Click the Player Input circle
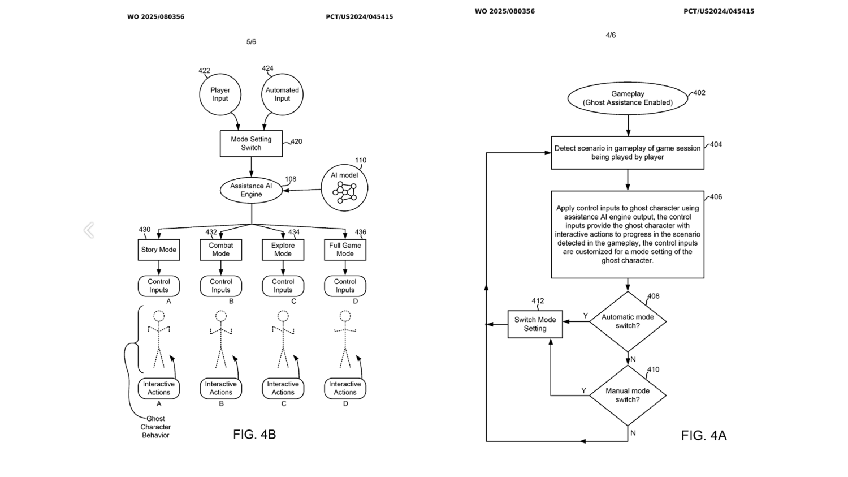click(220, 94)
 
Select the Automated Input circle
click(282, 94)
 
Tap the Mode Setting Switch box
click(251, 144)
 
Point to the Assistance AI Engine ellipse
click(251, 190)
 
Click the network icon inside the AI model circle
click(344, 192)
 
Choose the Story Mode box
click(159, 250)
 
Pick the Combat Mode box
click(220, 250)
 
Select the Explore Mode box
click(283, 250)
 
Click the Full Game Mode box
click(345, 250)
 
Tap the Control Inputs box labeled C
click(283, 286)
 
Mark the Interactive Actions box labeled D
click(345, 388)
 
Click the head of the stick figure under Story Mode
click(159, 316)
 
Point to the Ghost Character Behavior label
click(155, 427)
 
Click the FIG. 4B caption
click(254, 435)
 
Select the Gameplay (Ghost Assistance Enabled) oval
click(628, 98)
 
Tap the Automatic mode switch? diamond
click(628, 321)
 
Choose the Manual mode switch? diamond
click(628, 395)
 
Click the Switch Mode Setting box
click(535, 324)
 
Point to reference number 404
click(716, 144)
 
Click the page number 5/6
click(251, 42)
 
